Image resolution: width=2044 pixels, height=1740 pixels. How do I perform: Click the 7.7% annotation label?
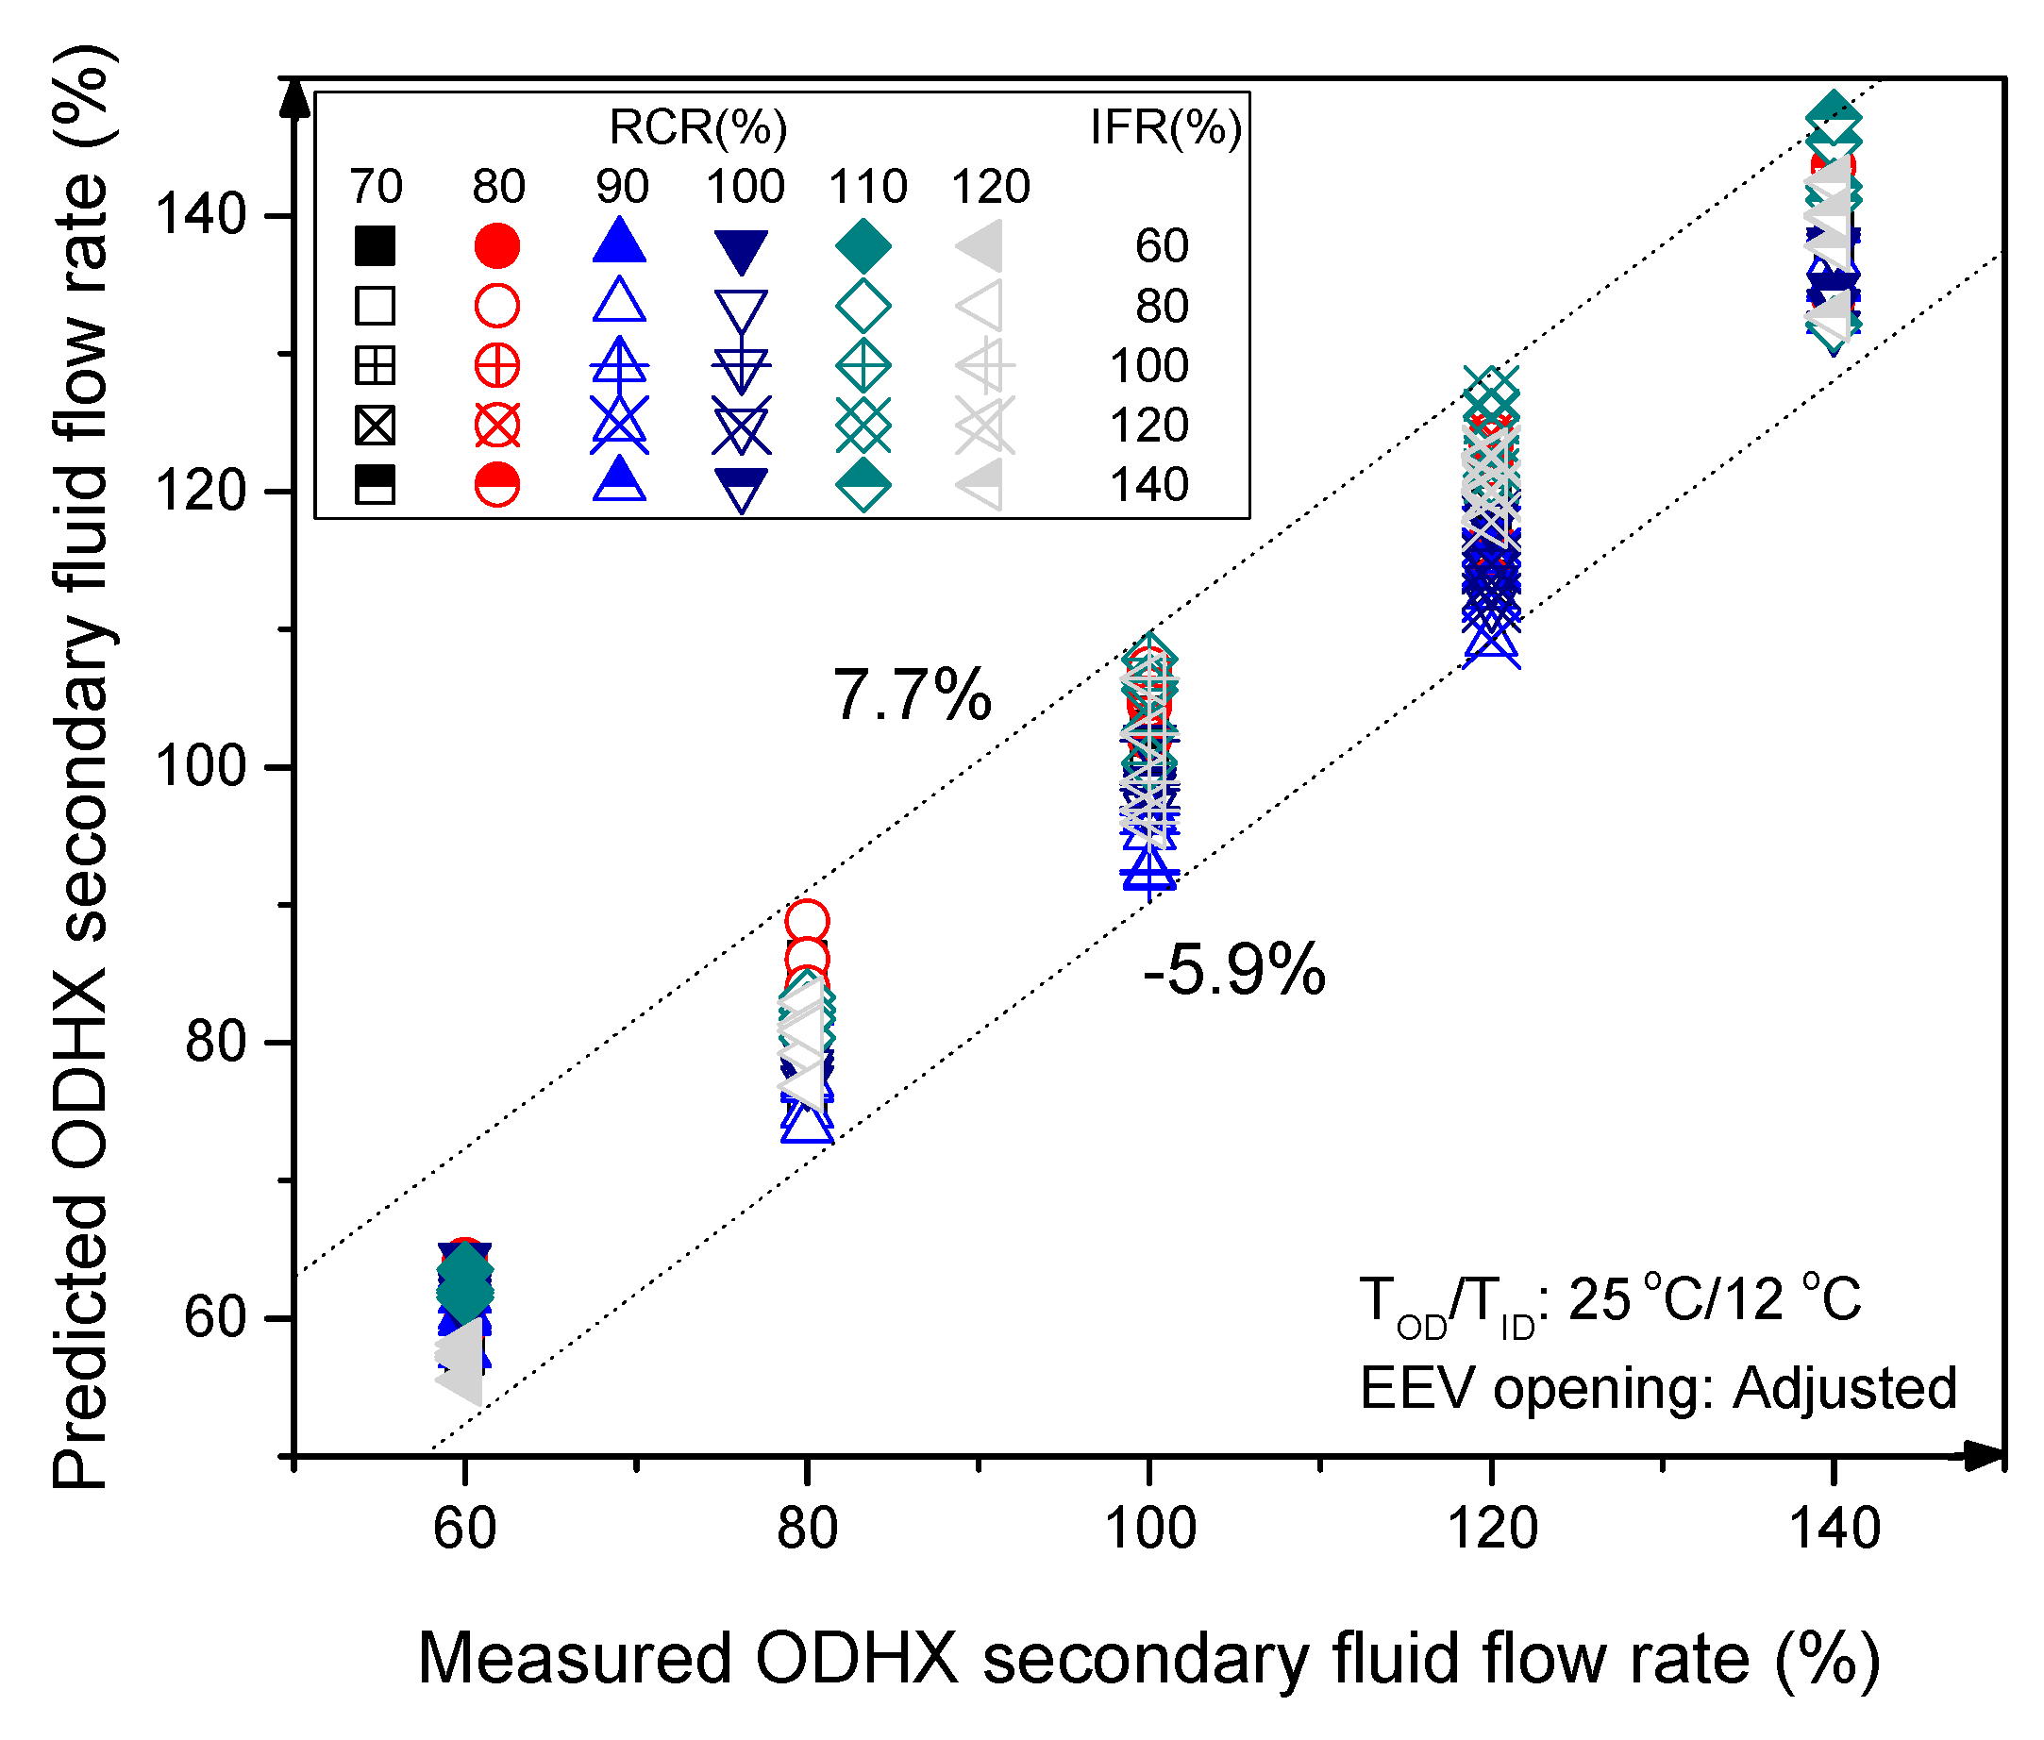click(912, 695)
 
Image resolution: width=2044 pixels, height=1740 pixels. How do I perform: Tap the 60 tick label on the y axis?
click(215, 1318)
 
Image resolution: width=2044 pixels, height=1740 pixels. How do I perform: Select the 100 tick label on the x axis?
click(1149, 1530)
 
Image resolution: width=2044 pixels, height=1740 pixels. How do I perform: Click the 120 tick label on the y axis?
click(200, 491)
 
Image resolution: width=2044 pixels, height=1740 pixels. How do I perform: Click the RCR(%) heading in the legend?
click(698, 127)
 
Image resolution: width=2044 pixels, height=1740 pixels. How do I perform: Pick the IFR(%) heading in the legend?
click(1165, 127)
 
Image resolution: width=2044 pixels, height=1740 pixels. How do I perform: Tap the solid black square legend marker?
click(376, 245)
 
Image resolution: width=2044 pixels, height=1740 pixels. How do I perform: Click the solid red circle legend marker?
click(497, 245)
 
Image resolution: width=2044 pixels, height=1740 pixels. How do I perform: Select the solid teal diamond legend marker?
click(863, 245)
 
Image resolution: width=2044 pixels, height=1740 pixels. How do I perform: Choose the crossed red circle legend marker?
click(497, 427)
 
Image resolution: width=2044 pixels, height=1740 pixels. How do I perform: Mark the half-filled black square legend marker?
click(376, 485)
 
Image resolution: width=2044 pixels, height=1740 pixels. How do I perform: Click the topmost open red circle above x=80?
click(807, 922)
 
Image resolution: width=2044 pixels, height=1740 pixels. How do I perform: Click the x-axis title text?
click(1148, 1659)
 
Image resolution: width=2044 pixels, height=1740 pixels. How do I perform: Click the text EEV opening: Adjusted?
click(1657, 1389)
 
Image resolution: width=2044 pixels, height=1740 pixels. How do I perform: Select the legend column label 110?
click(867, 187)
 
